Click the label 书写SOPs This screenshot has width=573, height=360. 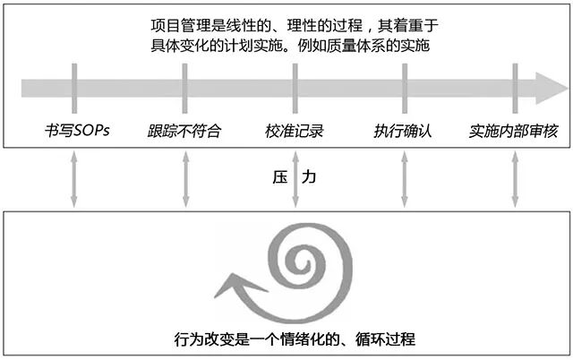pyautogui.click(x=76, y=131)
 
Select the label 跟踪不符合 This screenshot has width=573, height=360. pyautogui.click(x=184, y=131)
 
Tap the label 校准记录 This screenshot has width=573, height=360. pyautogui.click(x=295, y=131)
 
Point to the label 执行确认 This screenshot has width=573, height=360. pyautogui.click(x=403, y=131)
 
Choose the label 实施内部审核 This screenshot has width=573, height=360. pyautogui.click(x=514, y=131)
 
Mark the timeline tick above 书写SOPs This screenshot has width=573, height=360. pyautogui.click(x=74, y=88)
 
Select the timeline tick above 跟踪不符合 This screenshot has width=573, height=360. pyautogui.click(x=184, y=88)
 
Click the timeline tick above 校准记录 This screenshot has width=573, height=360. pyautogui.click(x=295, y=88)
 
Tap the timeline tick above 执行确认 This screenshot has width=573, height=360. pyautogui.click(x=405, y=88)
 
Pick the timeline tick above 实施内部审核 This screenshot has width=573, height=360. pyautogui.click(x=515, y=88)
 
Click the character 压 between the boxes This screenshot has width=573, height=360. pyautogui.click(x=279, y=178)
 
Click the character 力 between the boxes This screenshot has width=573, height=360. pyautogui.click(x=309, y=178)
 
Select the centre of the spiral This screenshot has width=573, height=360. pyautogui.click(x=297, y=265)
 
